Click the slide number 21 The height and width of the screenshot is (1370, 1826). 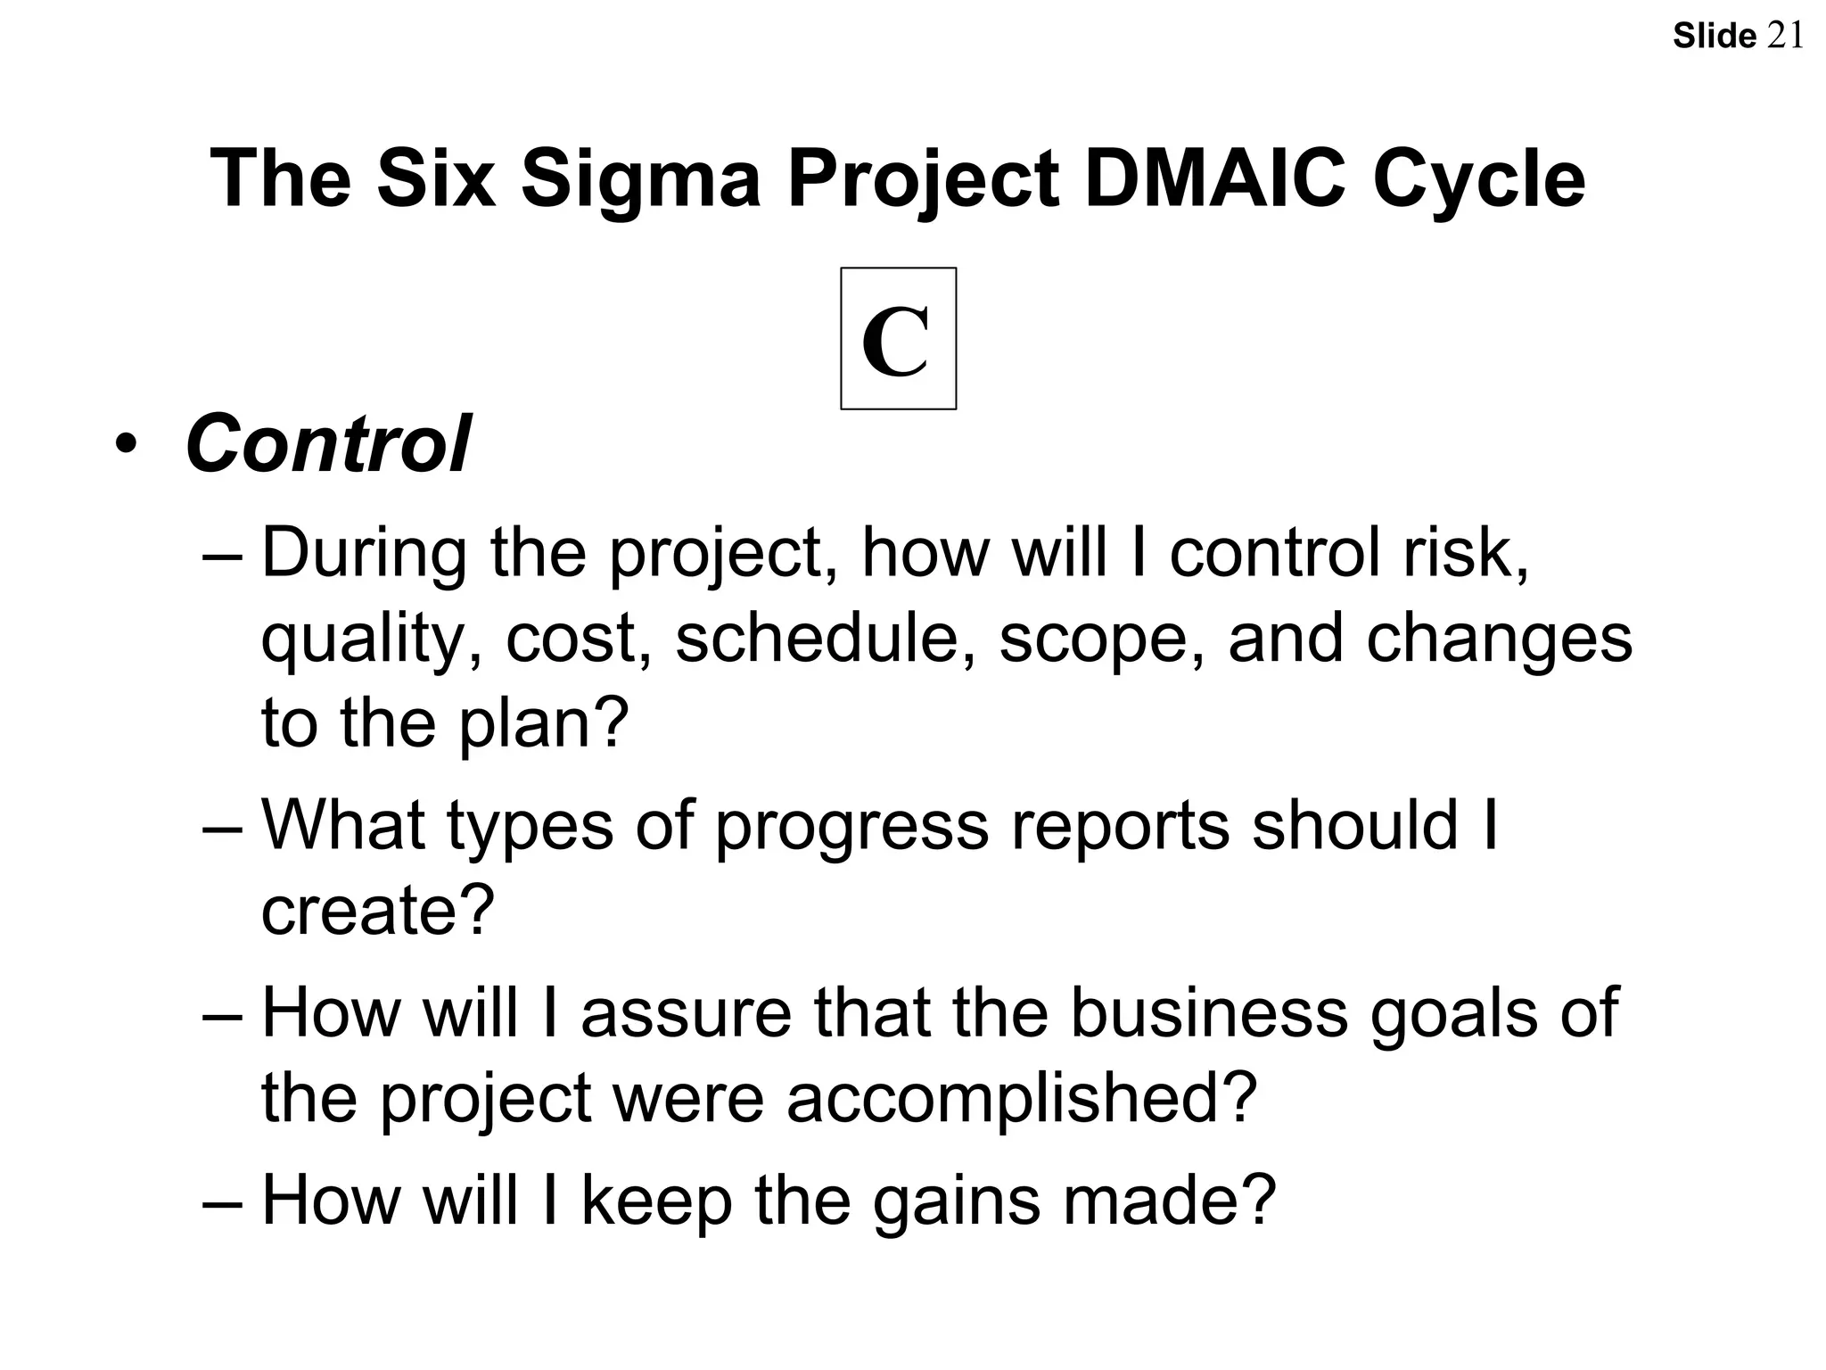(x=1785, y=36)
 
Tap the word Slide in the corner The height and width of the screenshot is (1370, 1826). (x=1714, y=37)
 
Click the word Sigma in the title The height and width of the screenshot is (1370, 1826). (x=640, y=178)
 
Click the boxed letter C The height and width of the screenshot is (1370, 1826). (x=898, y=339)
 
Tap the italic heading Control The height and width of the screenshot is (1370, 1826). (x=327, y=443)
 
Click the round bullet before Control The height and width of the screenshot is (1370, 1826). (x=126, y=443)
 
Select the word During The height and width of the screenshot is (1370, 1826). (x=364, y=553)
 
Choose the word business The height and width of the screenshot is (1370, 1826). (x=1208, y=1012)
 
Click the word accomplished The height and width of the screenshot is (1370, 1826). (x=1021, y=1097)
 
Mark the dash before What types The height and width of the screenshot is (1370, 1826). (x=222, y=825)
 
